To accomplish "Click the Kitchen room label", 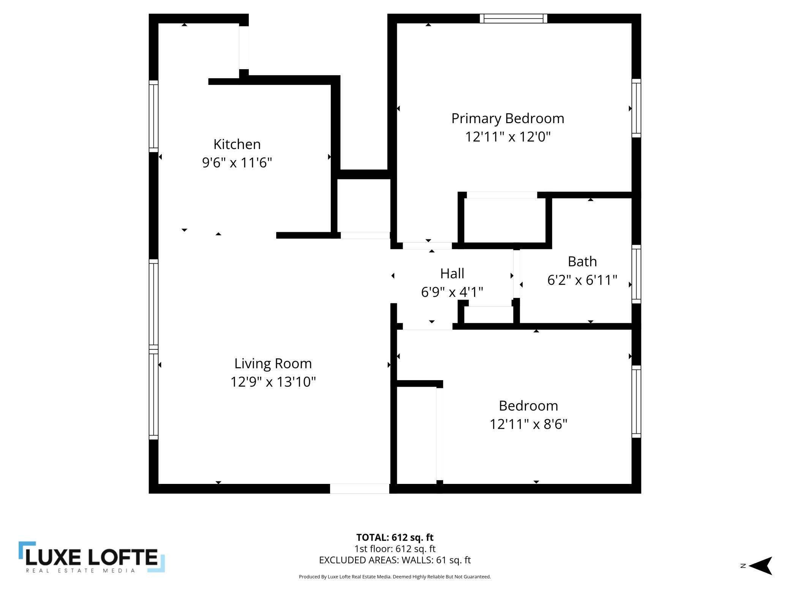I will click(237, 144).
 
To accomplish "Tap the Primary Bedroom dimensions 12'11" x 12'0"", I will click(508, 136).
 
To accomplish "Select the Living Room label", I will click(273, 364).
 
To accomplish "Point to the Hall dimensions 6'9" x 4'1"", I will click(452, 292).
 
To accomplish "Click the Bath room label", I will click(582, 262).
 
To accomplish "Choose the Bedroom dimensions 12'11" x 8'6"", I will click(528, 424).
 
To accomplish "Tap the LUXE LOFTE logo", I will click(92, 557).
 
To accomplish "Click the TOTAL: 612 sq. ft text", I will click(395, 538).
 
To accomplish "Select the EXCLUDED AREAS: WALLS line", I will click(395, 560).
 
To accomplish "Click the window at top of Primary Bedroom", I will click(513, 19).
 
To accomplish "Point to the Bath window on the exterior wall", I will click(636, 274).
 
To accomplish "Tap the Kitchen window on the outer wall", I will click(153, 116).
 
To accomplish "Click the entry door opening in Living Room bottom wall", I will click(359, 488).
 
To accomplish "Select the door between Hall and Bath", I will click(516, 274).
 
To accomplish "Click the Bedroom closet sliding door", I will click(439, 434).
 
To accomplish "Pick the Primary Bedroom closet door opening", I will click(501, 195).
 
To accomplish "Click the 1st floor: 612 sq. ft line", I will click(395, 549).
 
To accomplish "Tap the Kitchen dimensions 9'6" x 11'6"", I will click(237, 163).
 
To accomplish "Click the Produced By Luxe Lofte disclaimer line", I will click(395, 577).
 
